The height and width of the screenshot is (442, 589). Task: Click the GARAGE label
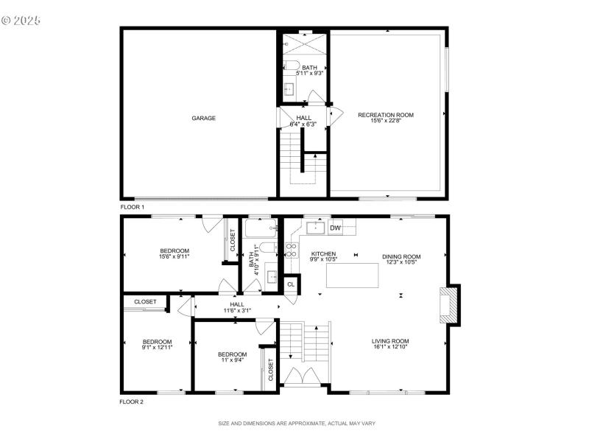[204, 118]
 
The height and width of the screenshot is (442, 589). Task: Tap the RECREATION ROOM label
[385, 115]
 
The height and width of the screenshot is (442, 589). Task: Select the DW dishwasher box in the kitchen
[335, 228]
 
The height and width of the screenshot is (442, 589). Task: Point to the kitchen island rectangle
[351, 275]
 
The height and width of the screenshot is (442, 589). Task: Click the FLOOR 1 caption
[132, 207]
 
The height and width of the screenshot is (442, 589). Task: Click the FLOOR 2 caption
[132, 402]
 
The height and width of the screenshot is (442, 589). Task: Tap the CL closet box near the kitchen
[290, 284]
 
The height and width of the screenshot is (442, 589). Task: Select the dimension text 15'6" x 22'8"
[385, 122]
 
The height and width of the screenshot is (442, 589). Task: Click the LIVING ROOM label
[390, 341]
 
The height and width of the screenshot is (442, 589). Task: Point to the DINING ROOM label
[401, 256]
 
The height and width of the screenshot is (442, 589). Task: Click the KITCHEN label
[323, 253]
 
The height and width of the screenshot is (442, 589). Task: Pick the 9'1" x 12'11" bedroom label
[157, 345]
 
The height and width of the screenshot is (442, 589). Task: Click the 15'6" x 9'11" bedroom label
[174, 253]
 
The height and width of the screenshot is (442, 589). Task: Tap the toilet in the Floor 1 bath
[292, 64]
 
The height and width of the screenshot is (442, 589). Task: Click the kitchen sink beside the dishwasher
[314, 227]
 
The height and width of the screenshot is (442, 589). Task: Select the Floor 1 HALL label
[304, 118]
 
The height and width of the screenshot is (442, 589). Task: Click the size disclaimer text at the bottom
[297, 424]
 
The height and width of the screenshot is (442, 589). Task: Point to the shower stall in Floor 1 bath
[303, 43]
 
